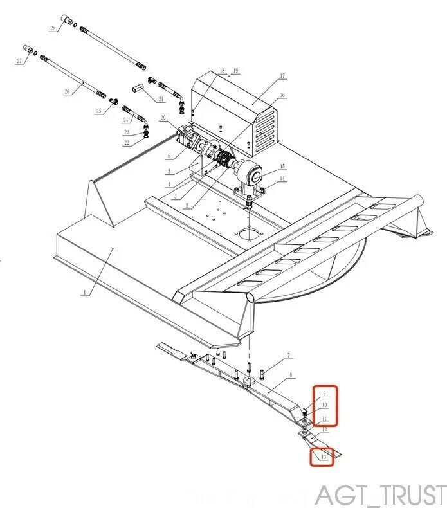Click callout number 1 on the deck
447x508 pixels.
(x=84, y=291)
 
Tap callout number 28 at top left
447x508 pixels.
(x=53, y=28)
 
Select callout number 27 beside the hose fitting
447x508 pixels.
(x=19, y=60)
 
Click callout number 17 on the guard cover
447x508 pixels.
(x=282, y=77)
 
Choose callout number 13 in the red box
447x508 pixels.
(x=324, y=457)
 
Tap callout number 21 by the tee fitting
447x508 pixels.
(x=161, y=98)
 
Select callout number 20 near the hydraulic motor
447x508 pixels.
(x=163, y=118)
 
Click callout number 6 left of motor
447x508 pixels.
(x=169, y=156)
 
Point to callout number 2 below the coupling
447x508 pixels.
(x=187, y=206)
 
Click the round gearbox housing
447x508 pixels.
(x=250, y=174)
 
